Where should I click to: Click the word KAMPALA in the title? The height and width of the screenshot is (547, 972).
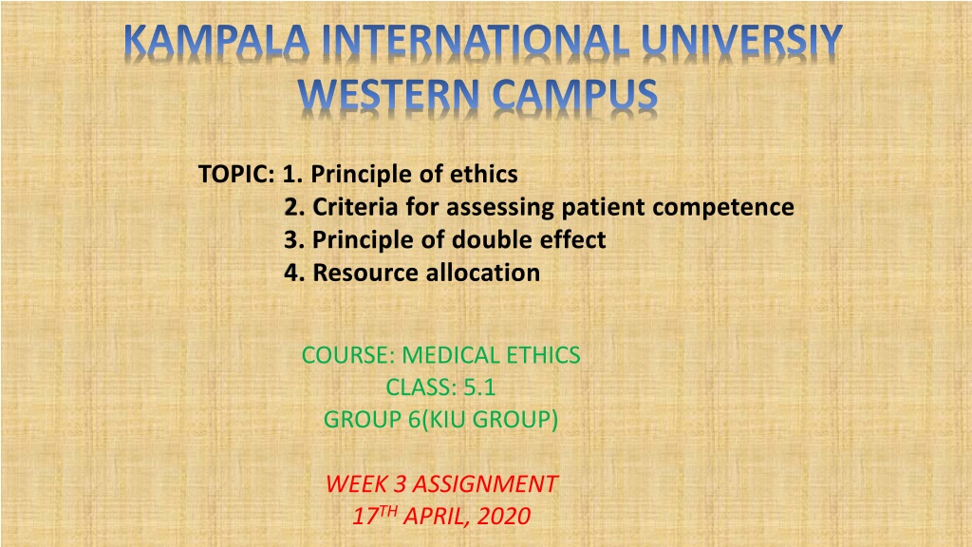point(216,43)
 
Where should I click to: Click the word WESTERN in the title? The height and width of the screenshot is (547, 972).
point(388,95)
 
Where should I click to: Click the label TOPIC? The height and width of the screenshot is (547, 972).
point(236,175)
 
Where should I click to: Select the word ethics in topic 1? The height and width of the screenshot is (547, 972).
point(483,175)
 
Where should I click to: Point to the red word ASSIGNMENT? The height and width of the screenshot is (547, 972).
point(485,484)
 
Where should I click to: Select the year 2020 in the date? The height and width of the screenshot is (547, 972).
point(504,517)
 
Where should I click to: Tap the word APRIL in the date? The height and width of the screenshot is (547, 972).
point(436,517)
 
